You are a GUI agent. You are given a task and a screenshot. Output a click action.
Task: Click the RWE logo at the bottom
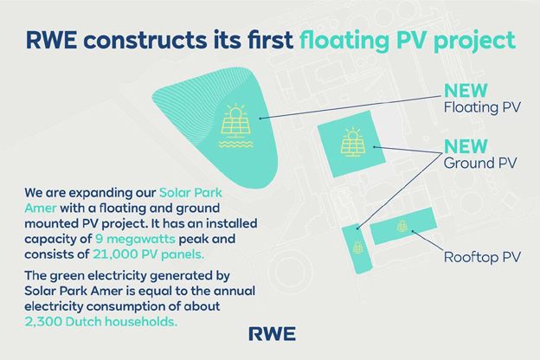pos(272,334)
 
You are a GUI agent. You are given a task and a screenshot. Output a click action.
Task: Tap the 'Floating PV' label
pos(482,107)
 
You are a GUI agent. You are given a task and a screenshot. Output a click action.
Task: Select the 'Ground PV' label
pos(480,163)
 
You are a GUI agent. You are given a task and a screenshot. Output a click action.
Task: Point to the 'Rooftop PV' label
pos(482,257)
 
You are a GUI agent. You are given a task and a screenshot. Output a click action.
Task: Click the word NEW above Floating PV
pos(466,91)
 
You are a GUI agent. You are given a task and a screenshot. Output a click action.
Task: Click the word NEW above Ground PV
pos(466,146)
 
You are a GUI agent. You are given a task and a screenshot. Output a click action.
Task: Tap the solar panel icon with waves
pos(235,125)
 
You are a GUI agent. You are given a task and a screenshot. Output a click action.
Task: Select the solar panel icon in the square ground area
pos(353,142)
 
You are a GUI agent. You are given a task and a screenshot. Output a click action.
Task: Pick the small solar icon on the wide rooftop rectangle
pos(402,226)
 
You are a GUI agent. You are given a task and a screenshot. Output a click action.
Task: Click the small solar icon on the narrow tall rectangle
pos(357,247)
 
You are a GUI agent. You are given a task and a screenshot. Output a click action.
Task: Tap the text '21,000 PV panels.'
pos(149,254)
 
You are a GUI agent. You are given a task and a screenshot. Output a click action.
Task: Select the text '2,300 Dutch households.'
pos(101,321)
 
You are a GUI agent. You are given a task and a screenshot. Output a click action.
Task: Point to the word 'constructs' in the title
pos(144,40)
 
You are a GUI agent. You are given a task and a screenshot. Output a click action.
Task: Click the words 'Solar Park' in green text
pos(190,193)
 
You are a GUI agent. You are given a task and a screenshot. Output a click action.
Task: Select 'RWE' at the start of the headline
pos(51,40)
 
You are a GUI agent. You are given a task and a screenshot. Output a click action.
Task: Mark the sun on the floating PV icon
pos(235,113)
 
